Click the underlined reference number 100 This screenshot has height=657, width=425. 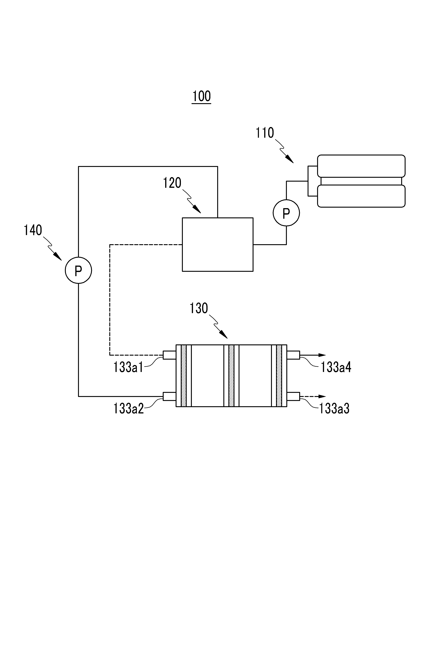pyautogui.click(x=201, y=96)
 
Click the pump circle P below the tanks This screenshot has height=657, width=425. pyautogui.click(x=286, y=213)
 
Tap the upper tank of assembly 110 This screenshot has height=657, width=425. pyautogui.click(x=361, y=166)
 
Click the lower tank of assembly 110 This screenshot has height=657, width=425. pyautogui.click(x=361, y=196)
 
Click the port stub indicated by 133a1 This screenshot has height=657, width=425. pyautogui.click(x=169, y=355)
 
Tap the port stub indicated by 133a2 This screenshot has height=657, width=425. pyautogui.click(x=169, y=396)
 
